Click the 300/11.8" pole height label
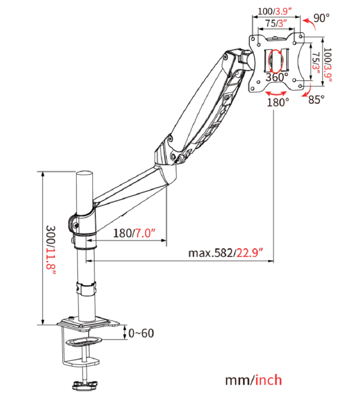pos(51,250)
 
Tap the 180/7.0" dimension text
pos(135,233)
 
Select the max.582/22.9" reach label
pos(226,253)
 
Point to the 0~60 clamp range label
pos(141,333)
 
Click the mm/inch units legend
pos(254,380)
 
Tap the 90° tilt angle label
pos(322,18)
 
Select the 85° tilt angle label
pos(316,100)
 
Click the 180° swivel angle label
pos(278,102)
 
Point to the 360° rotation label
pos(277,77)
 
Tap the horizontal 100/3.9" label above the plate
pos(276,11)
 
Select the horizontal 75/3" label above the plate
pos(276,23)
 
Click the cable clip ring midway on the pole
pos(86,288)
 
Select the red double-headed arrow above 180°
pos(276,93)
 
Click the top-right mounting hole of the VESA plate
pos(300,37)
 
